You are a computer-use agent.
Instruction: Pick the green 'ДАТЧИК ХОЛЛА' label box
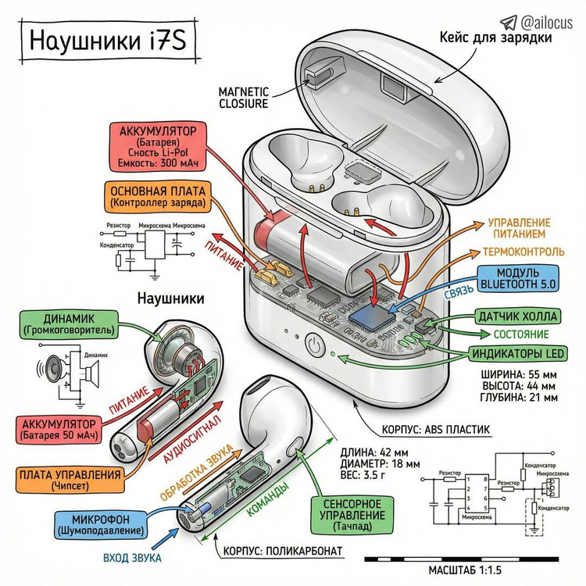[517, 316]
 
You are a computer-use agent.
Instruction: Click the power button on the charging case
[314, 344]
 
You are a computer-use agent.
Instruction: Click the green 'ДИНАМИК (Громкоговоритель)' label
[69, 324]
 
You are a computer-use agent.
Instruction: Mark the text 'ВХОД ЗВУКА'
[133, 558]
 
